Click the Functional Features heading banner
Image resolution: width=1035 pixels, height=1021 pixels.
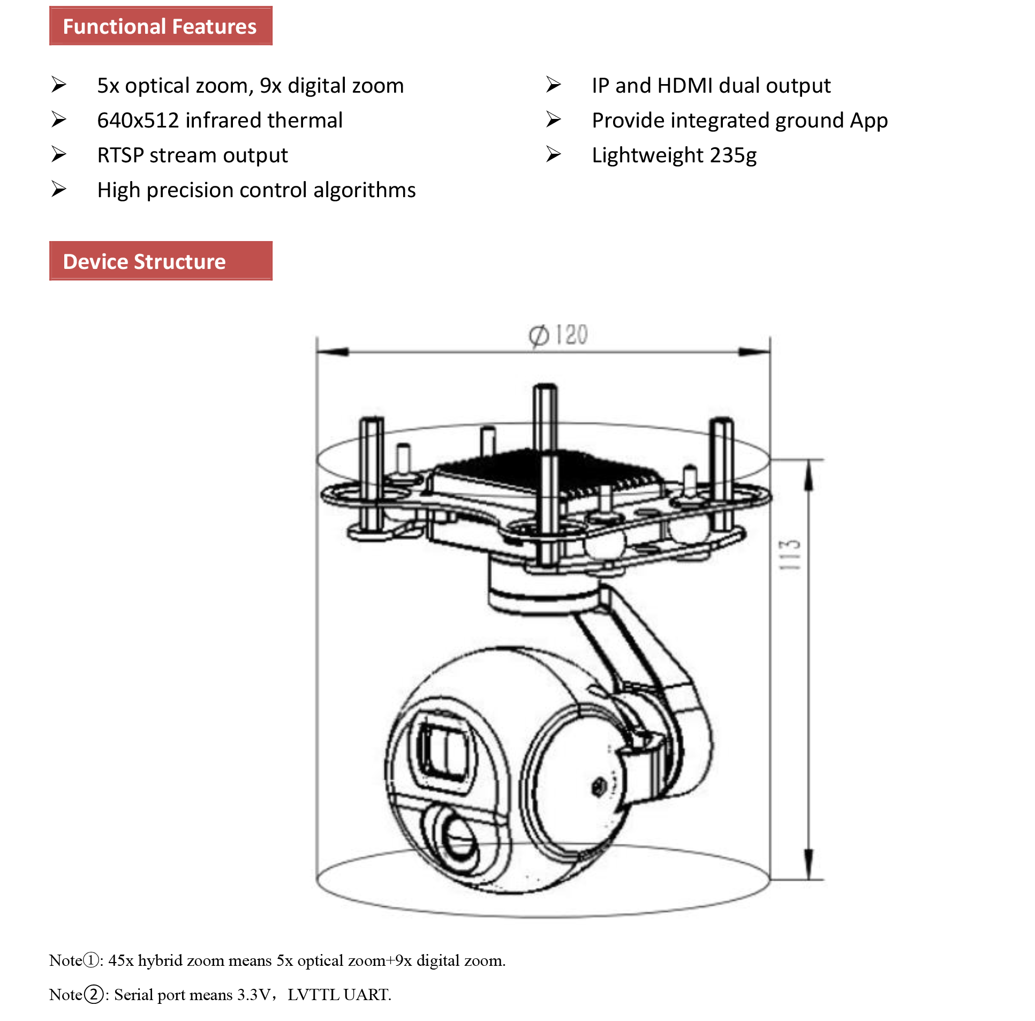161,26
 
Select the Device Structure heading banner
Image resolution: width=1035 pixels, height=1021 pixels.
161,261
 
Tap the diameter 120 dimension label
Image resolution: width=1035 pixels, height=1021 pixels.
558,335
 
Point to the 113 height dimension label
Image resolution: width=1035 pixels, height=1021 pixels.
789,555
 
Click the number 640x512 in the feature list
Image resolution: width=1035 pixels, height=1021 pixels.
138,121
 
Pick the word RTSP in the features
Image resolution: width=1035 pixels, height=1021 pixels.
120,155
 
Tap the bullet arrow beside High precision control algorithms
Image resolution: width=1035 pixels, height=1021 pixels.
59,189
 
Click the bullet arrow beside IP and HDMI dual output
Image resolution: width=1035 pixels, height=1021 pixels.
554,85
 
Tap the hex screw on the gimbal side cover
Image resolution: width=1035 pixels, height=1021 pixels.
599,787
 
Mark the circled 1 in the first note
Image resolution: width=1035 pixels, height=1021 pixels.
92,960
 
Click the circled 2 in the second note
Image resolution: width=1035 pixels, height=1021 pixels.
94,995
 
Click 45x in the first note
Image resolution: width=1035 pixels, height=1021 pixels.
121,960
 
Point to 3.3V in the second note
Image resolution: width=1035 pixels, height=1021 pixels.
253,995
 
